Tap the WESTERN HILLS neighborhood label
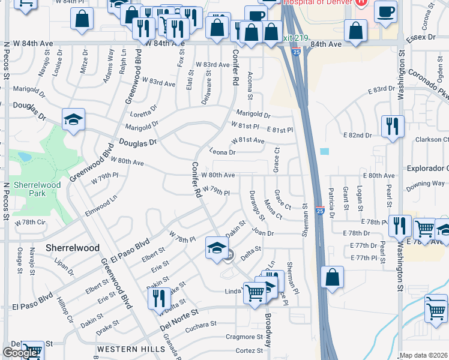click(x=131, y=349)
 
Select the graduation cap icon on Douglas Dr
click(x=73, y=119)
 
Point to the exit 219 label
click(x=297, y=38)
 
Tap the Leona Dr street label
click(x=223, y=152)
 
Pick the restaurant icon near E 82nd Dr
click(x=393, y=126)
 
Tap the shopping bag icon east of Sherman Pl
click(x=331, y=278)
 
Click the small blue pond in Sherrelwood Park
click(x=25, y=157)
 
